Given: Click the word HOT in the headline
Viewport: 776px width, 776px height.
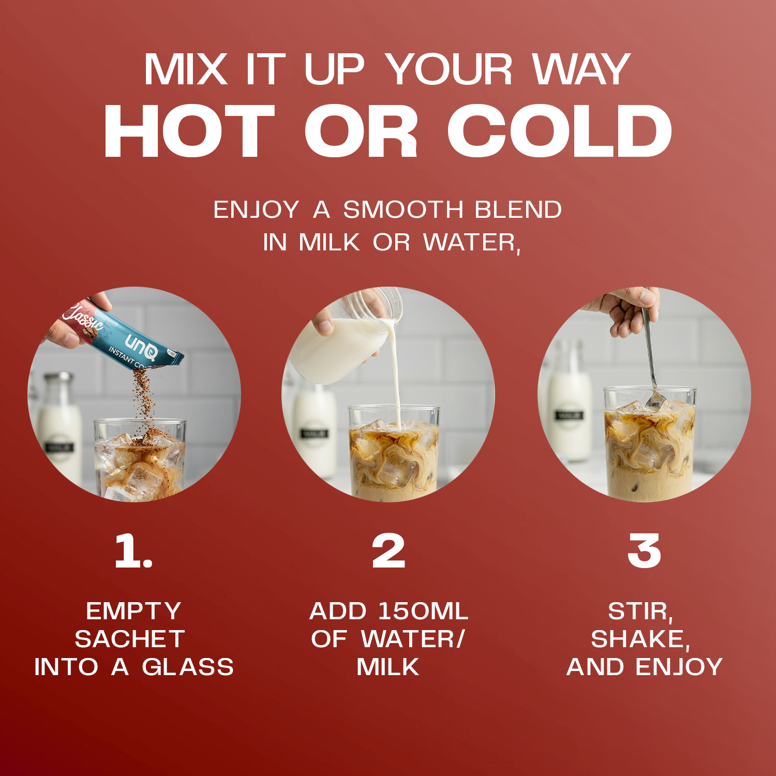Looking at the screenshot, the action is pyautogui.click(x=189, y=131).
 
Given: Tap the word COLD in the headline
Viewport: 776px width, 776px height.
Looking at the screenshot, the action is pyautogui.click(x=559, y=131).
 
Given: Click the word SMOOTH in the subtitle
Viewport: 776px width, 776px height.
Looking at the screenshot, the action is pyautogui.click(x=403, y=210).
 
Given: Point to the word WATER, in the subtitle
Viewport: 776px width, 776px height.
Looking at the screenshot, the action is pyautogui.click(x=472, y=243).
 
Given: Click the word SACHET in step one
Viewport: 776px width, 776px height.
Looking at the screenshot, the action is pyautogui.click(x=130, y=639).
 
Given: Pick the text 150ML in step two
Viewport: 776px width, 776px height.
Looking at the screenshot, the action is pyautogui.click(x=423, y=611).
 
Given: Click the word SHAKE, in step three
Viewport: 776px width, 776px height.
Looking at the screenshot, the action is pyautogui.click(x=640, y=639).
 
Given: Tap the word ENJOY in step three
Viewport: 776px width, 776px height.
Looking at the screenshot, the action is pyautogui.click(x=679, y=667).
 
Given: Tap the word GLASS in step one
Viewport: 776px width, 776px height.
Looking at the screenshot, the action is pyautogui.click(x=188, y=667).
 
